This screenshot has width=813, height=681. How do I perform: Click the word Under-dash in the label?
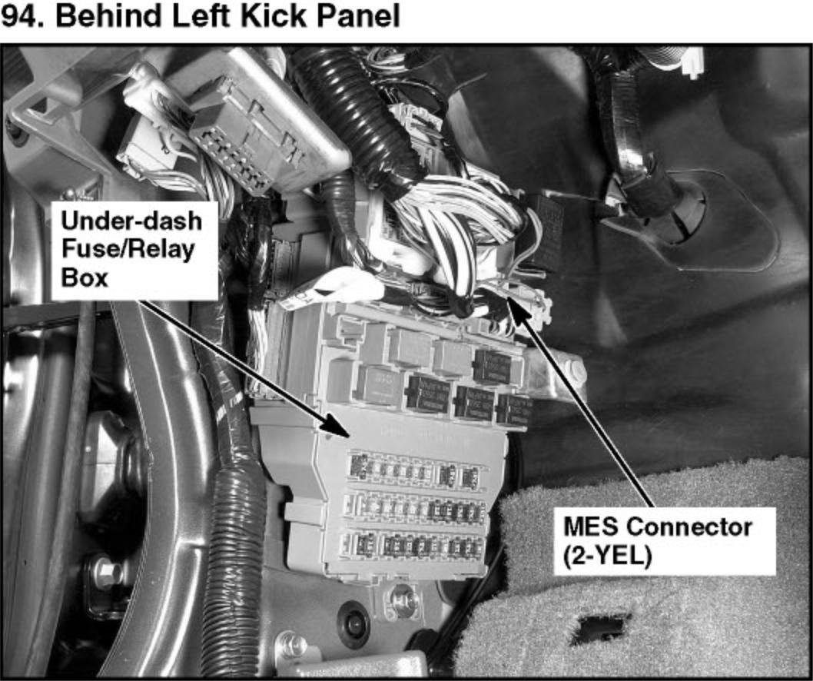(131, 221)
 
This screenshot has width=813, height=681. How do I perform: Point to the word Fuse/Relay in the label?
(128, 250)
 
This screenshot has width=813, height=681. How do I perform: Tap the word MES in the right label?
(590, 527)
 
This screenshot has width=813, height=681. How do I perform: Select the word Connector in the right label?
(689, 527)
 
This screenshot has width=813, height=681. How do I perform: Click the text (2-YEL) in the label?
(606, 557)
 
